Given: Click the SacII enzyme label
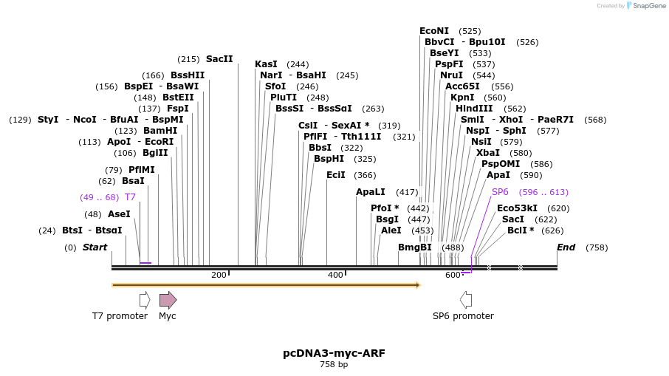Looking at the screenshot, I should [x=219, y=59].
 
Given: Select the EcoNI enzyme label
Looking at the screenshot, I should [x=434, y=31].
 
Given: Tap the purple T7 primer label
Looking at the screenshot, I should [x=130, y=197].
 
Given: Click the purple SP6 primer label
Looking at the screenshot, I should [x=500, y=192].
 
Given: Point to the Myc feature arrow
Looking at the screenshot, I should [x=168, y=299].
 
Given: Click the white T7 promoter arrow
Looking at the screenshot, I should [x=145, y=299].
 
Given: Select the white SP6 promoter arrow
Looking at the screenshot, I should [x=466, y=299].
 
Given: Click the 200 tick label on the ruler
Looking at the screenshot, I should [x=219, y=276].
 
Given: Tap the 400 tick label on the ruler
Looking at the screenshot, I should [x=335, y=276].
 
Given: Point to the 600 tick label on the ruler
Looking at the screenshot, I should [x=453, y=276].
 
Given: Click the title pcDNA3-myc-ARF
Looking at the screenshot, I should [x=334, y=353].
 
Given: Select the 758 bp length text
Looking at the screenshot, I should [x=334, y=364].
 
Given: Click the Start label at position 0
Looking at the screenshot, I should [x=95, y=247].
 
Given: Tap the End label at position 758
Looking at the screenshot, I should [x=566, y=247].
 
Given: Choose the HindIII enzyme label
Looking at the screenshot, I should [x=474, y=109].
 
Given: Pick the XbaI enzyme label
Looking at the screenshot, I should [x=488, y=153].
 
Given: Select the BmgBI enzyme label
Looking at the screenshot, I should [x=415, y=247].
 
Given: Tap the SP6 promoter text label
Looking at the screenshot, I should [x=463, y=316].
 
